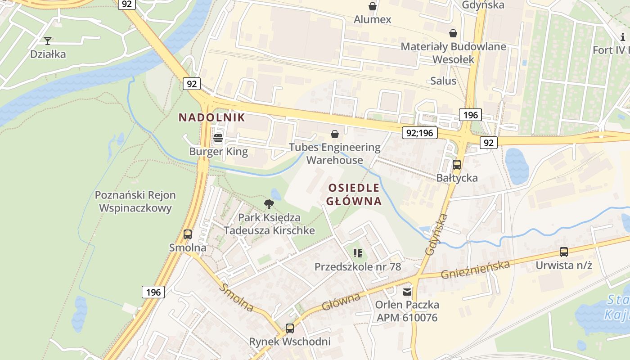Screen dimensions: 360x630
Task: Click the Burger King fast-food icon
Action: coord(218,138)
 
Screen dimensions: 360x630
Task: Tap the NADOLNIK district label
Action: coord(211,117)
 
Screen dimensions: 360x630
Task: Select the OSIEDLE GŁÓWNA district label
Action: coord(354,194)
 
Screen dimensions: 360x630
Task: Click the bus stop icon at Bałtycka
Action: coord(457,165)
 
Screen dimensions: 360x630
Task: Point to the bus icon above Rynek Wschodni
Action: coord(290,328)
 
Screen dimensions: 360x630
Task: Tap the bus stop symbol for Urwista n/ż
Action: coord(563,252)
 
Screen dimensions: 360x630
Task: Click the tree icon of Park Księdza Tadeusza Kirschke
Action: coord(269,204)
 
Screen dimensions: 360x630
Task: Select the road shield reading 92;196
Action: coord(419,132)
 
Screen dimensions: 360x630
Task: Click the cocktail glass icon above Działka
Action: coord(48,41)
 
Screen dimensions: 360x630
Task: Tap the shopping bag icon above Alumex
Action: coord(373,6)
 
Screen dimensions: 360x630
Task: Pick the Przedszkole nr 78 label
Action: coord(357,266)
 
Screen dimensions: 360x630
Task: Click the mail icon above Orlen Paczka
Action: coord(407,292)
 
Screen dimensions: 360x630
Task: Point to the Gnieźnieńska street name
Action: coord(476,269)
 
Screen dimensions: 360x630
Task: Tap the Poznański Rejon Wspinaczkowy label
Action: coord(135,202)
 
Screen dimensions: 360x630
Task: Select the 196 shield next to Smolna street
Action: coord(153,292)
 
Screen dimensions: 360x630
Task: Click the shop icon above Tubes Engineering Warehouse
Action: coord(335,134)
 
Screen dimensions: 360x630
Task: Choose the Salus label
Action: coord(443,81)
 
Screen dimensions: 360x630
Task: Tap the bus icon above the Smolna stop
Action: coord(188,234)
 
